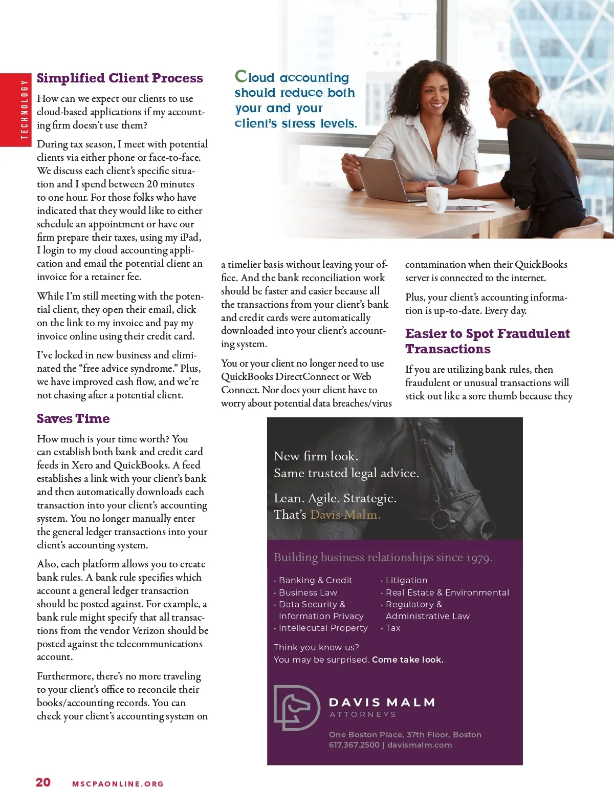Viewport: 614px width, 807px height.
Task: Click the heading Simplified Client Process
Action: pos(120,78)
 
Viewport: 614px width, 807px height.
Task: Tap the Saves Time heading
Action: pos(73,419)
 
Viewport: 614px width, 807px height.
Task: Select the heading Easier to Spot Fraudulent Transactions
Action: pos(487,341)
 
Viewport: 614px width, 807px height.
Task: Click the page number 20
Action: pos(43,782)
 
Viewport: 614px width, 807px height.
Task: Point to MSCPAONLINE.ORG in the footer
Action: pos(118,784)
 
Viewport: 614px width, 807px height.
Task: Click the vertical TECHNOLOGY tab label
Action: pos(24,110)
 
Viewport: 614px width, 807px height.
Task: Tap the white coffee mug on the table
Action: pos(436,199)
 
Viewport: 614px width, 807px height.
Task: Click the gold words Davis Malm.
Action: pos(345,515)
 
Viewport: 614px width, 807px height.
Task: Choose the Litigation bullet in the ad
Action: pos(406,580)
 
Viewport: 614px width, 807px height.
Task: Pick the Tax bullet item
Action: pos(393,628)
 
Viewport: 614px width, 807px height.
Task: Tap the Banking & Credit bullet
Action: pos(315,580)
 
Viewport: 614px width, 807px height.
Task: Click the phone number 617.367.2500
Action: pos(354,745)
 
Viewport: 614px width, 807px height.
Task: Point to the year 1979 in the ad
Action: pos(478,558)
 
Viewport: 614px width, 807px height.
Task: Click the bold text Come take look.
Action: pos(407,660)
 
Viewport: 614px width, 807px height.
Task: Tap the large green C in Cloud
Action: pos(240,76)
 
